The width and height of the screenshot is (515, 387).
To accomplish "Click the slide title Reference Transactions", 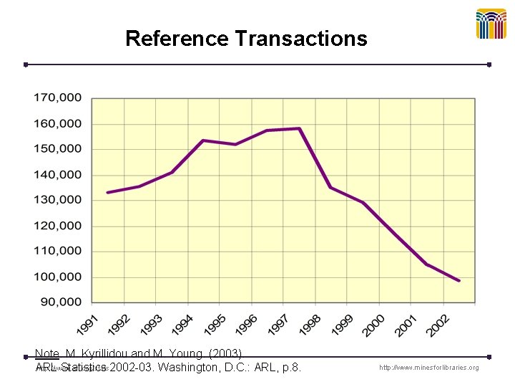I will click(246, 38).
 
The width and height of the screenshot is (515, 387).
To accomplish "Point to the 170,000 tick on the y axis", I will click(58, 97).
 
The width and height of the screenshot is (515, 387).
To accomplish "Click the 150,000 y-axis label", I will click(58, 149).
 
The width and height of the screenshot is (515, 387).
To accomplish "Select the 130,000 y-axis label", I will click(58, 200).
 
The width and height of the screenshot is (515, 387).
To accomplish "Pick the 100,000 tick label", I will click(58, 277).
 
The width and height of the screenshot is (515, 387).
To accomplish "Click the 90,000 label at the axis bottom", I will click(61, 302).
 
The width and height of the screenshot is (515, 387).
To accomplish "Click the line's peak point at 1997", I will click(299, 129).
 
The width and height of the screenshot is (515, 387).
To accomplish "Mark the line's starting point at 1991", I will click(108, 192).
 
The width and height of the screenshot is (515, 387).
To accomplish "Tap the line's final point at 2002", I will click(459, 280).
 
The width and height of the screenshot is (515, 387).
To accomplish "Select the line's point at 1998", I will click(330, 187).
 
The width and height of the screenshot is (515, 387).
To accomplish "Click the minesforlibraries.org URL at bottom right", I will click(429, 368).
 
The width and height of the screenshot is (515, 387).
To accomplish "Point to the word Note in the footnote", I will click(47, 354).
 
